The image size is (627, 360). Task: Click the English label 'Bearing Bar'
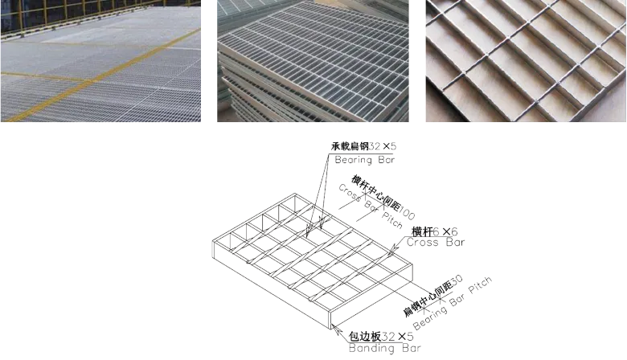click(x=365, y=160)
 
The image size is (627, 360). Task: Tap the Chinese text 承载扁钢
click(x=350, y=146)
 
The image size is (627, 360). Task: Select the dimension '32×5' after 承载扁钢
click(x=383, y=146)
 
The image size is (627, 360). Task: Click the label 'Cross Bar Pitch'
click(x=371, y=207)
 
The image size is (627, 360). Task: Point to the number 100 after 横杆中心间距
click(x=407, y=214)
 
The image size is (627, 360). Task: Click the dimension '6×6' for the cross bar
click(x=445, y=231)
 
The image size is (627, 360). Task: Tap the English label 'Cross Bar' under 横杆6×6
click(x=436, y=242)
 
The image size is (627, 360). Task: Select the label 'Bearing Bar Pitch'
click(x=453, y=303)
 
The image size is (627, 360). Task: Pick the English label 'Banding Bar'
click(x=385, y=348)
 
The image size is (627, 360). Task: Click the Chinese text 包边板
click(x=365, y=337)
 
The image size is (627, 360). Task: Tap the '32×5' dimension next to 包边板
click(x=397, y=337)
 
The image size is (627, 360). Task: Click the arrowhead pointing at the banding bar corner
click(x=335, y=329)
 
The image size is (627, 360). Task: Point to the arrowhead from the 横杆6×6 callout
click(x=393, y=250)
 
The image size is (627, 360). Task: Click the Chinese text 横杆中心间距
click(x=376, y=193)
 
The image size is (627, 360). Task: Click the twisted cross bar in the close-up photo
click(x=525, y=60)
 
